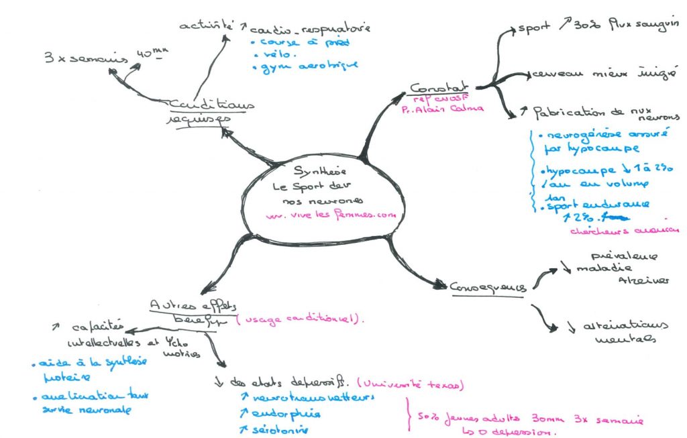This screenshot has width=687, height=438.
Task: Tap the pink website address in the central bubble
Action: [327, 215]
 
